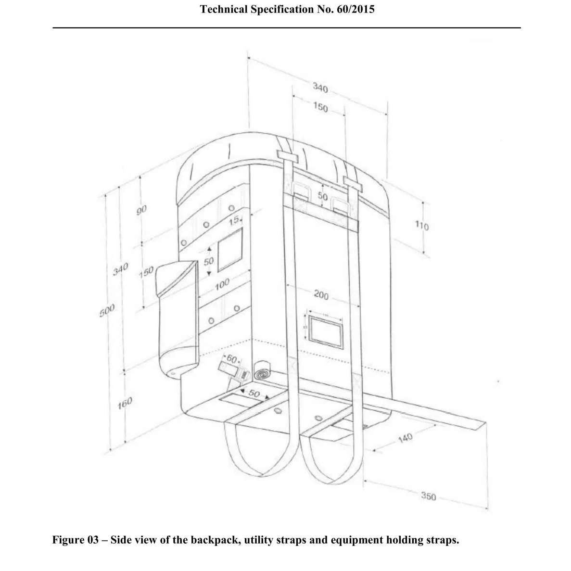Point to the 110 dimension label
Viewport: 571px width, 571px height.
coord(421,225)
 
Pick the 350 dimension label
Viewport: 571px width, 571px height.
coord(428,496)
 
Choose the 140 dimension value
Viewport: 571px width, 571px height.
coord(405,438)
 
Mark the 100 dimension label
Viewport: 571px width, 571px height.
coord(222,284)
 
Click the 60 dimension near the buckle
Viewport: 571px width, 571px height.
coord(231,359)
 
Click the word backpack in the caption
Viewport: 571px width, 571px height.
coord(216,540)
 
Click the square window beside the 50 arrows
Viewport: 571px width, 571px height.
coord(230,250)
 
